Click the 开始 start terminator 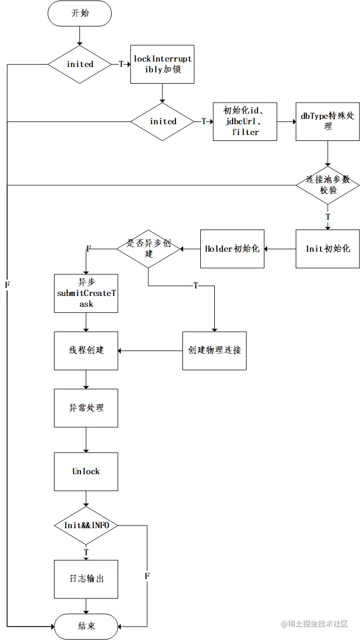(80, 14)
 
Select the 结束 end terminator (86, 626)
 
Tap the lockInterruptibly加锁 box (162, 64)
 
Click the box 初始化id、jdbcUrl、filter (245, 122)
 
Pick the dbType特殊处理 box (328, 122)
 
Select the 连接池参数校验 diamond (328, 185)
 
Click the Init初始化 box (328, 249)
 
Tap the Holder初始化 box (232, 249)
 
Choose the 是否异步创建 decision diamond (148, 249)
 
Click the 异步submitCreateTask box (86, 293)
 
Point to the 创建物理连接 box (214, 351)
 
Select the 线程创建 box (86, 351)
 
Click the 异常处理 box (86, 408)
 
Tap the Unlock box (86, 471)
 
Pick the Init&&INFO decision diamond (86, 526)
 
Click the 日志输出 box (86, 579)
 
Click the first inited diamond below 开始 (80, 64)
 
